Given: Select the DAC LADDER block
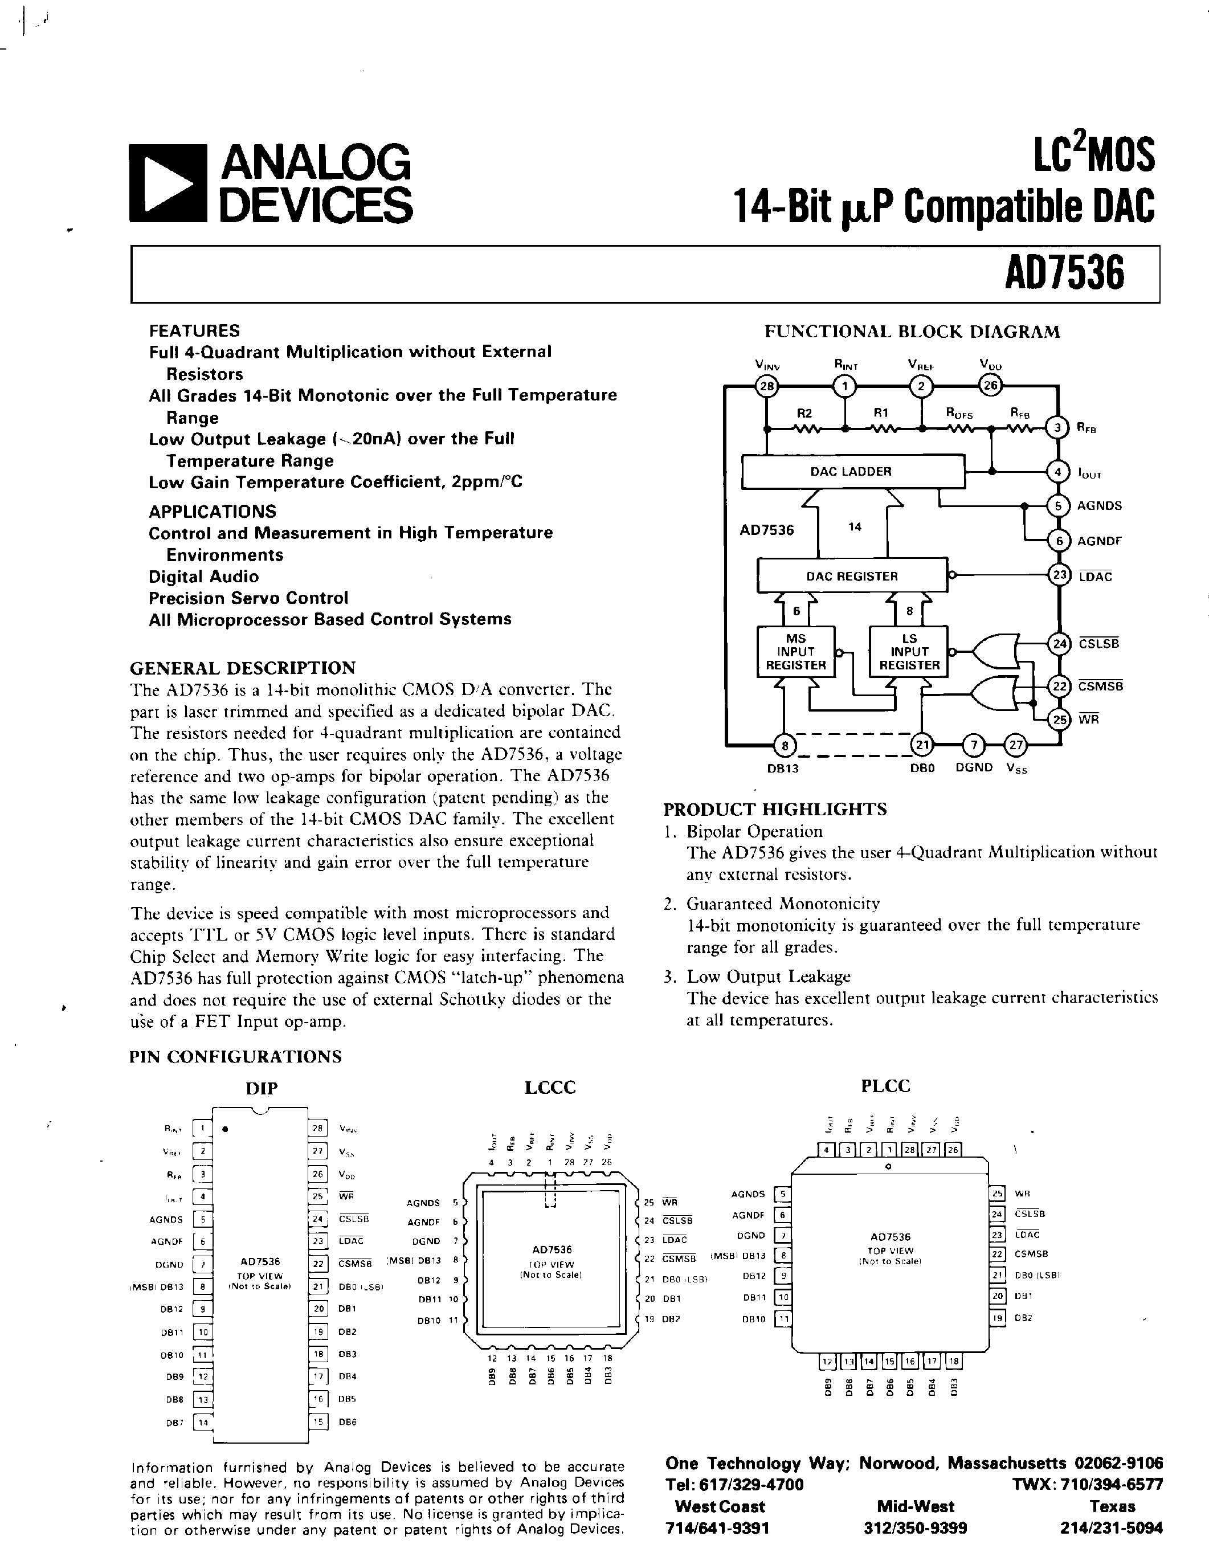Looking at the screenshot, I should coord(851,472).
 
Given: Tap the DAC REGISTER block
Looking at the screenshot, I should coord(851,576).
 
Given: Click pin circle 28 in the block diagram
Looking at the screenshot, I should coord(766,387).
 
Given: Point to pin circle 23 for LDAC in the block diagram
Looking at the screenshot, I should coord(1059,575).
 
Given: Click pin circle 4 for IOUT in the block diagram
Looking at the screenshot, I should coord(1058,472).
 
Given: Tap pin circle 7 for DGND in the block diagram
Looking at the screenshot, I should coord(973,745).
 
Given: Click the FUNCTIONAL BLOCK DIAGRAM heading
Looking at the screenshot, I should coord(912,332).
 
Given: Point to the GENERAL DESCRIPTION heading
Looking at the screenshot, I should coord(242,668).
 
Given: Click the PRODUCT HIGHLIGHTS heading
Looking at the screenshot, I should coord(775,809).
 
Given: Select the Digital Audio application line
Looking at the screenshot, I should coord(203,576).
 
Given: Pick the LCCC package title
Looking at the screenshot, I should coord(550,1087).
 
